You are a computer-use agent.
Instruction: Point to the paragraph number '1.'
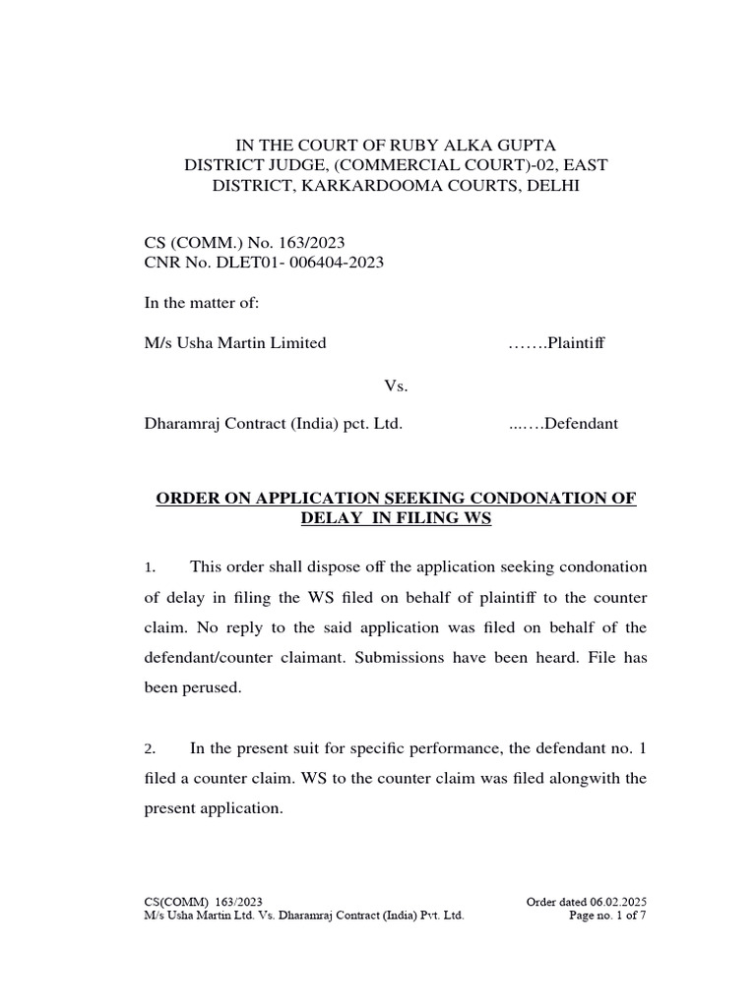(x=150, y=567)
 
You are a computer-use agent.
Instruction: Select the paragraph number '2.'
(x=150, y=749)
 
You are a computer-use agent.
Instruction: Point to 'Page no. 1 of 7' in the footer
(x=608, y=916)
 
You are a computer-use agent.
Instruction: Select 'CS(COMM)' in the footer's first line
(x=170, y=902)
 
